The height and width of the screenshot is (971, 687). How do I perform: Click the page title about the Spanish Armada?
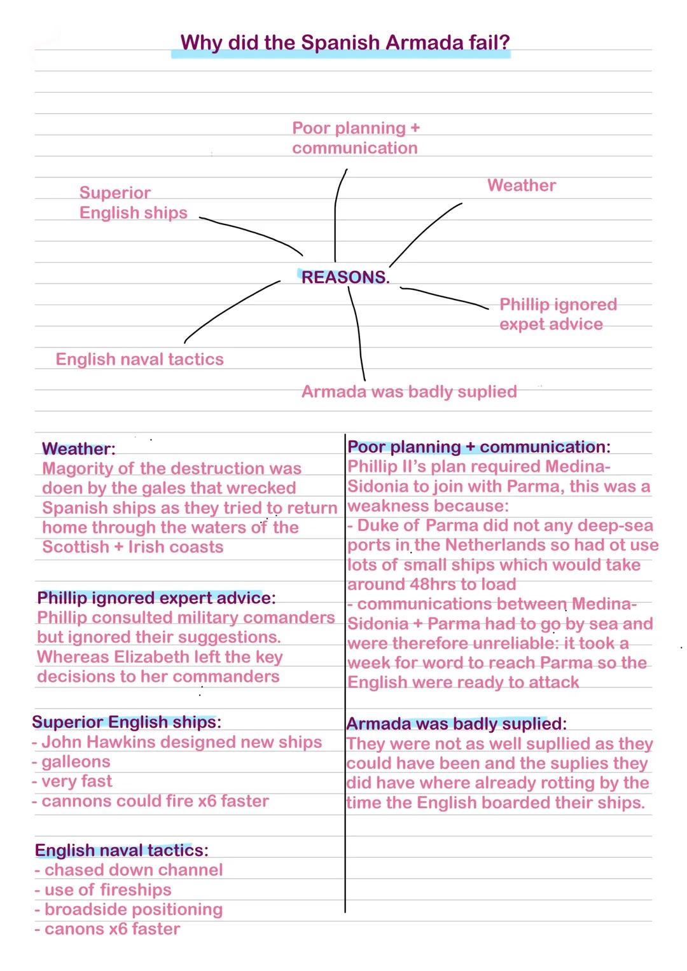pyautogui.click(x=345, y=43)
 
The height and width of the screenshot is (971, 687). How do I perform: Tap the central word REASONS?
pyautogui.click(x=343, y=277)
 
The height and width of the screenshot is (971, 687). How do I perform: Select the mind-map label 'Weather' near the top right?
pyautogui.click(x=522, y=186)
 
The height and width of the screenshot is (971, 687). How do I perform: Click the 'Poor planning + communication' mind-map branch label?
pyautogui.click(x=356, y=138)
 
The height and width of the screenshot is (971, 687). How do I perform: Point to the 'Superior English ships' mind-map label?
pyautogui.click(x=133, y=203)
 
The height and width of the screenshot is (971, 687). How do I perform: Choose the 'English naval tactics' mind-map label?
pyautogui.click(x=140, y=359)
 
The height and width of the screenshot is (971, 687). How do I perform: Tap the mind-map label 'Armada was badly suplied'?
pyautogui.click(x=409, y=392)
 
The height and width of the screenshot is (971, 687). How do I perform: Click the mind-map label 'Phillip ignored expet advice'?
pyautogui.click(x=558, y=314)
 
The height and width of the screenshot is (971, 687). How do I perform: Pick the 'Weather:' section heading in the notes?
pyautogui.click(x=79, y=449)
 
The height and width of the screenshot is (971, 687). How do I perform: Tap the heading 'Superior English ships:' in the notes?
pyautogui.click(x=127, y=722)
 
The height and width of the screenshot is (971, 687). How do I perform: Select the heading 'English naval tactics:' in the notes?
pyautogui.click(x=121, y=850)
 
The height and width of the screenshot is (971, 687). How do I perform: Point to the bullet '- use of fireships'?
pyautogui.click(x=103, y=890)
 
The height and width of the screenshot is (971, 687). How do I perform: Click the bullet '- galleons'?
pyautogui.click(x=71, y=762)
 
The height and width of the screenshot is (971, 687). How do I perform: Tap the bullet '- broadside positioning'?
pyautogui.click(x=128, y=909)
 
